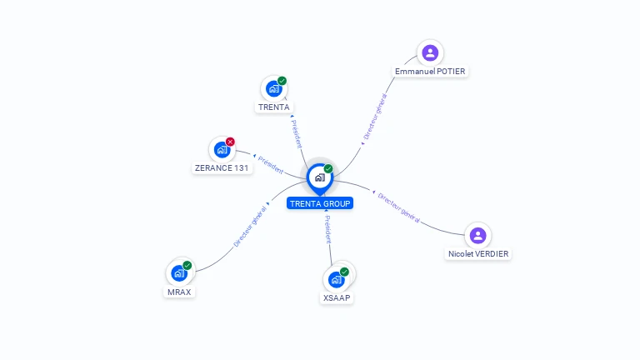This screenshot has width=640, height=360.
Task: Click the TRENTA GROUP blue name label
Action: [320, 203]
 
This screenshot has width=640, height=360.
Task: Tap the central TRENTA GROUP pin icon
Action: [319, 177]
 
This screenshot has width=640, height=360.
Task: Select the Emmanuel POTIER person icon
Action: [430, 53]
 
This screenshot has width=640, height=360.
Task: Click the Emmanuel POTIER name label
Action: [430, 72]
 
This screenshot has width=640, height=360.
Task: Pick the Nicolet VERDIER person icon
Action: [477, 235]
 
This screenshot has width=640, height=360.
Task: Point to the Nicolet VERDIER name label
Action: [477, 253]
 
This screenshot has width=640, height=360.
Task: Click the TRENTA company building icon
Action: [272, 88]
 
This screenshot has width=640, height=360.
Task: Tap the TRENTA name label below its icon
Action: [274, 107]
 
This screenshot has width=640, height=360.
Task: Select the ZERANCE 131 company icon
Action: [221, 150]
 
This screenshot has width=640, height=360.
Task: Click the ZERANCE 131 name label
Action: [222, 167]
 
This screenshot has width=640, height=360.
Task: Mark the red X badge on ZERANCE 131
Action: [230, 142]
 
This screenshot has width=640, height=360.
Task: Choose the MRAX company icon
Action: [178, 273]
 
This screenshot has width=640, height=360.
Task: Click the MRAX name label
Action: [179, 292]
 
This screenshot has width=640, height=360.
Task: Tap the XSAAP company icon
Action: [336, 279]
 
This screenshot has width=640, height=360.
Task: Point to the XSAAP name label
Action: [337, 297]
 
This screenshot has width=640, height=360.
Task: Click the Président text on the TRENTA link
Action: [296, 134]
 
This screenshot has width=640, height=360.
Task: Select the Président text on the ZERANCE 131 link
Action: [272, 164]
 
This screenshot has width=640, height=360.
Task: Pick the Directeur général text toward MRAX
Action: [250, 227]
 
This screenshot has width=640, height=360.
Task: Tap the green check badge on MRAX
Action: [187, 265]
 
